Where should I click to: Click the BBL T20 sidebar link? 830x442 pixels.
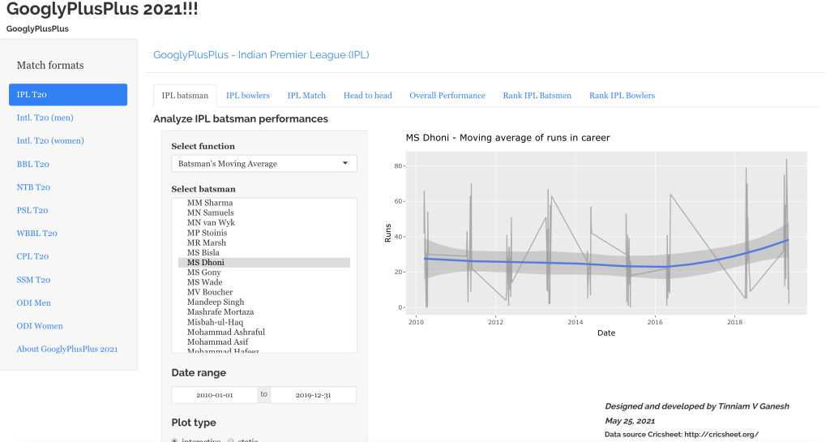click(x=33, y=164)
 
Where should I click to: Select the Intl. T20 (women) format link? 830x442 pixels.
click(x=50, y=141)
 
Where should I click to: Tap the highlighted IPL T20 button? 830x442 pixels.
click(x=68, y=95)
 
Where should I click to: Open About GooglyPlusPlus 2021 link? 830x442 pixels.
click(x=67, y=349)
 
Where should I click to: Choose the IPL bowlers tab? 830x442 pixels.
click(x=248, y=96)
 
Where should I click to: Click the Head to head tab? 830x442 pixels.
click(x=367, y=96)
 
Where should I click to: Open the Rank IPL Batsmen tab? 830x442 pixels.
click(x=537, y=96)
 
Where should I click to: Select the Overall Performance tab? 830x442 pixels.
click(x=447, y=96)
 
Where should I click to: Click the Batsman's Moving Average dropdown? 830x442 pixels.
click(x=264, y=164)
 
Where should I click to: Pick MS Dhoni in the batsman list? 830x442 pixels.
click(x=206, y=263)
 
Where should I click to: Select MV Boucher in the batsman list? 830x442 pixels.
click(x=210, y=292)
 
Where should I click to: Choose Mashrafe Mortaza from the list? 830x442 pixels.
click(x=220, y=312)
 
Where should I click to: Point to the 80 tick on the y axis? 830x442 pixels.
click(x=399, y=166)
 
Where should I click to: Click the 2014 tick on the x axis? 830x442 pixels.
click(x=574, y=322)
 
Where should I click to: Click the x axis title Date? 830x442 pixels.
click(x=605, y=333)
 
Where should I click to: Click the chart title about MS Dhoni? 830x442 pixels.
click(x=507, y=138)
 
